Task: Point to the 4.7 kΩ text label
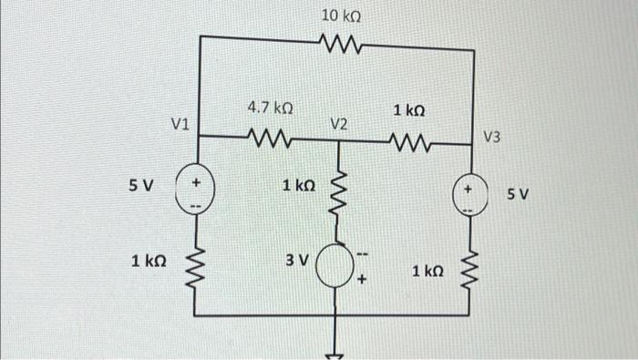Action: point(270,109)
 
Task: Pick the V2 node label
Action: point(339,123)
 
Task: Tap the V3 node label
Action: point(492,138)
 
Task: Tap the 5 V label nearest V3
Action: point(518,194)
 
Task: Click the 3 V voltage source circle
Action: point(340,266)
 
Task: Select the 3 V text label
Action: point(297,260)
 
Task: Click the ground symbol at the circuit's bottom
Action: point(340,354)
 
